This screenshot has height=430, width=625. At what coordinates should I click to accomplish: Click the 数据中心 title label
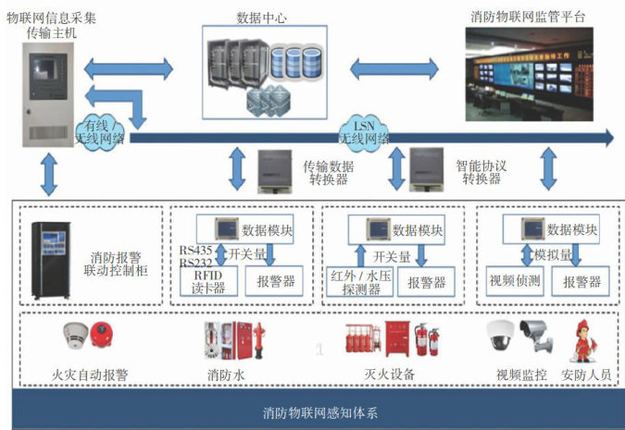pyautogui.click(x=262, y=18)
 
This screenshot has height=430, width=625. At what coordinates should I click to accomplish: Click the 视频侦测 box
pyautogui.click(x=512, y=280)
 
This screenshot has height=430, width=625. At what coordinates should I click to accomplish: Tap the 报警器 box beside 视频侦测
pyautogui.click(x=581, y=280)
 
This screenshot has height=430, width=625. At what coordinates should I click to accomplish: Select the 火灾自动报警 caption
pyautogui.click(x=91, y=375)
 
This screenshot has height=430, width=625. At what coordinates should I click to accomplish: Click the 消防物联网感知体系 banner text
pyautogui.click(x=313, y=412)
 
